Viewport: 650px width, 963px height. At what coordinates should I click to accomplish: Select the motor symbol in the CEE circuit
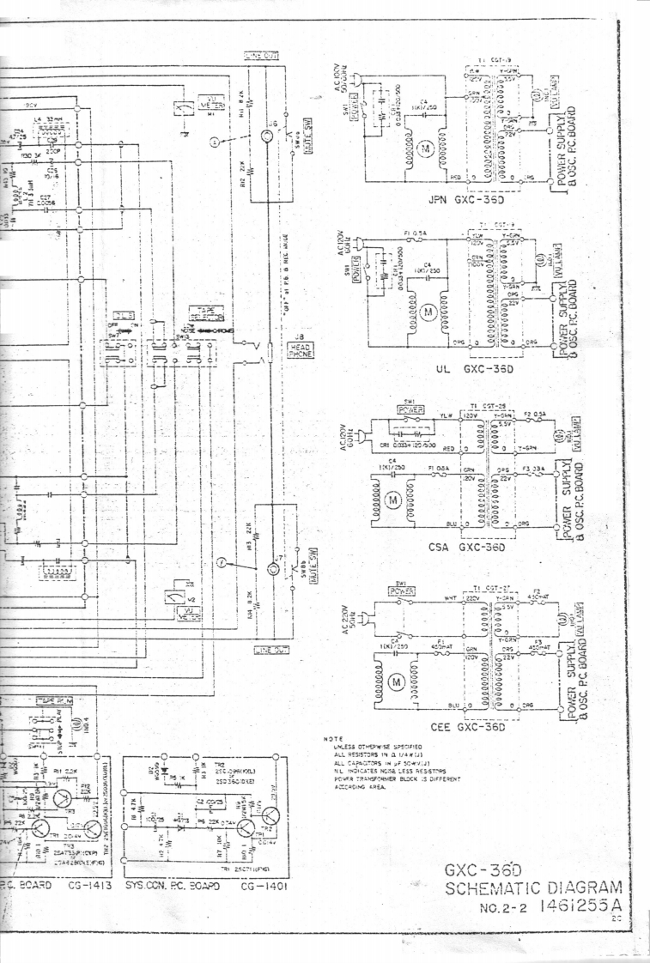[396, 681]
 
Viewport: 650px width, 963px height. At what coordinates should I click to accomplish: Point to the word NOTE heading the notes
[332, 739]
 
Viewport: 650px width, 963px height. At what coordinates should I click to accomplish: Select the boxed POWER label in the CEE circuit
[402, 591]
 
